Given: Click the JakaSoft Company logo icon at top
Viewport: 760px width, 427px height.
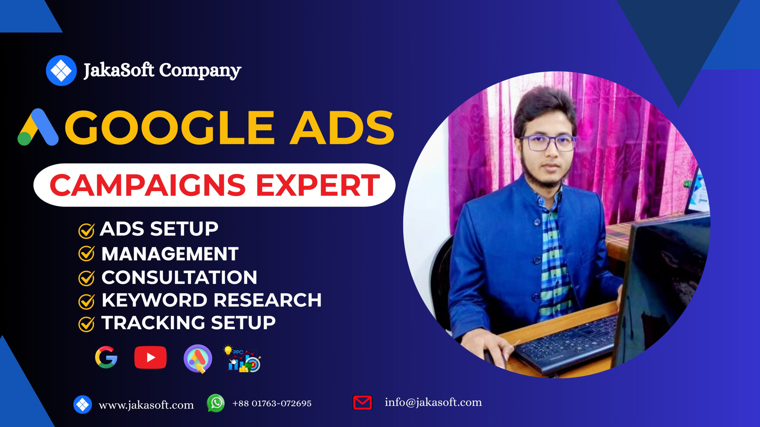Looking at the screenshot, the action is click(61, 71).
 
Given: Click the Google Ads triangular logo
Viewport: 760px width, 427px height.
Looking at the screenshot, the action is click(38, 127).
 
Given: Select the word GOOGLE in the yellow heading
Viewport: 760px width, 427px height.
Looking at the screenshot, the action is click(169, 128).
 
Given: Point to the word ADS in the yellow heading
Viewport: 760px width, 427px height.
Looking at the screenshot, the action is click(342, 128).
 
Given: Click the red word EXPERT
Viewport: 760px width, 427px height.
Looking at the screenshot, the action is click(318, 185).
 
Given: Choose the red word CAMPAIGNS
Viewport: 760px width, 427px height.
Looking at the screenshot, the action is click(148, 185).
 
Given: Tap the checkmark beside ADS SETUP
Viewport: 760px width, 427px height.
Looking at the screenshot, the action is click(86, 231).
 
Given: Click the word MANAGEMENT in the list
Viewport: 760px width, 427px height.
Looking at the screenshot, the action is click(170, 254).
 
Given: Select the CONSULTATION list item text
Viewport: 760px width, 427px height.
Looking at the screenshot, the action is click(179, 277).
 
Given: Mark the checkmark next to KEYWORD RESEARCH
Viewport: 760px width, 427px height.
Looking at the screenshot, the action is click(86, 301).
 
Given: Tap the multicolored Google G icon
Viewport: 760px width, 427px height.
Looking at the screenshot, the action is click(106, 357).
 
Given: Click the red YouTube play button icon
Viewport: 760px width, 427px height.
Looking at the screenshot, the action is click(151, 357).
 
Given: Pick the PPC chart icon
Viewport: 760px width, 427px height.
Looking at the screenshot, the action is click(242, 359).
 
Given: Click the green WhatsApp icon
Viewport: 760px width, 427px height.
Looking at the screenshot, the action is click(216, 403).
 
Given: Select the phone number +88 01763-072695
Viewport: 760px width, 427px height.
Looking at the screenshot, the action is click(272, 403).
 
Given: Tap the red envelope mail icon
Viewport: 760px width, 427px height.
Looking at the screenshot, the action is click(362, 403).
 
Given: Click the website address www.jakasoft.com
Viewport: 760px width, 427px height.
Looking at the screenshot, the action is click(146, 405).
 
